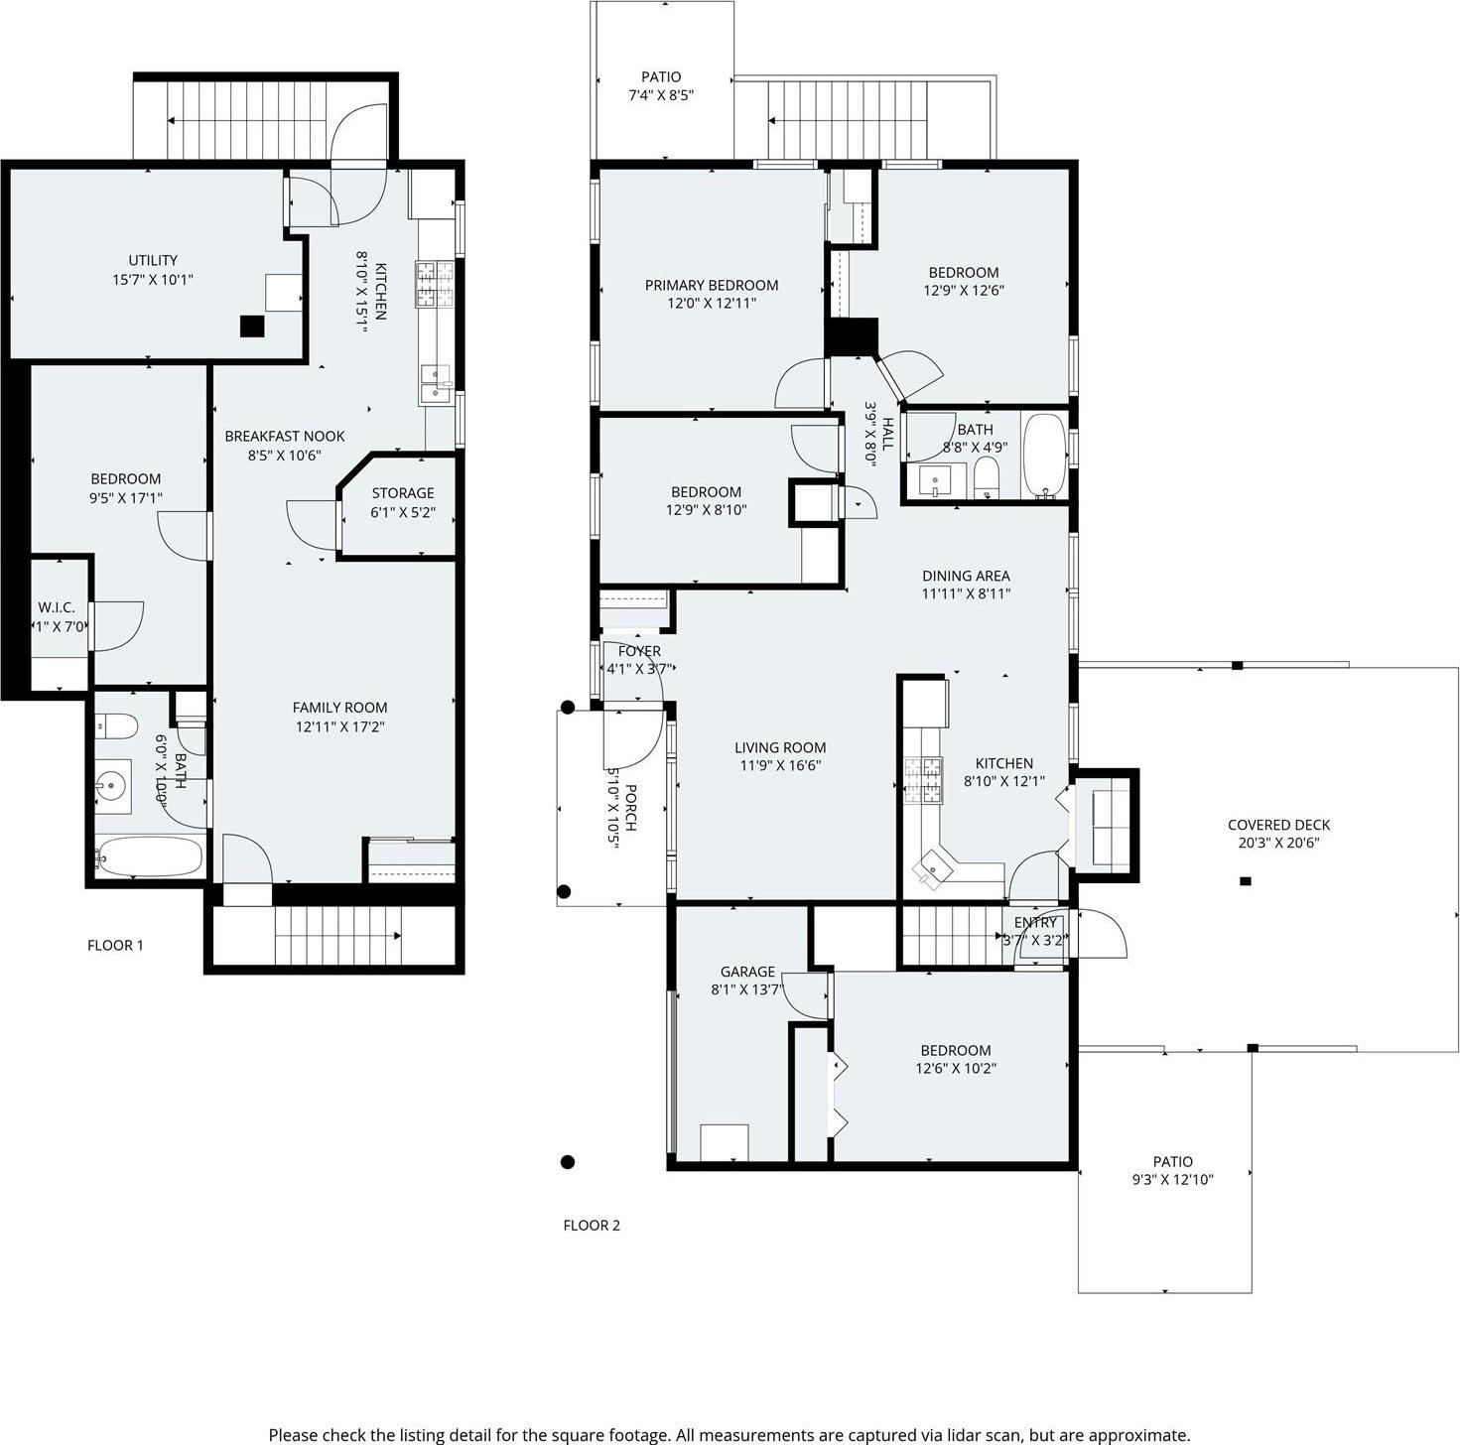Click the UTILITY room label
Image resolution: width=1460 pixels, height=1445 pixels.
(153, 261)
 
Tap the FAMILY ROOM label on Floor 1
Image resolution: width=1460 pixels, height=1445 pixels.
(339, 708)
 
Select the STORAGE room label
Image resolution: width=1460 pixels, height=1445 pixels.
(403, 493)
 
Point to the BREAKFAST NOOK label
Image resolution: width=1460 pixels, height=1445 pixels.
(285, 437)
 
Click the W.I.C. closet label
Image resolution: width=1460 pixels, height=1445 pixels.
(57, 607)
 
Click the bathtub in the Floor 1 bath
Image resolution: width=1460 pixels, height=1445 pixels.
(150, 857)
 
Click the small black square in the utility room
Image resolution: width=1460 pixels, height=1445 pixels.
(253, 327)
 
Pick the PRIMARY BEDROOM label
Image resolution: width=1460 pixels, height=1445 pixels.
(712, 286)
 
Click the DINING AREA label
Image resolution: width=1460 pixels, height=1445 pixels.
(966, 576)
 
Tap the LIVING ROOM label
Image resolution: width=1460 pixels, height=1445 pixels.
(780, 748)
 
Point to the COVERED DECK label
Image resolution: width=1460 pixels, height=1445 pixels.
(1278, 825)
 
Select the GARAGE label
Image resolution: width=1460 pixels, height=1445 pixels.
(747, 973)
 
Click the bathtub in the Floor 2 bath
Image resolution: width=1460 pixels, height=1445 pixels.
(1043, 455)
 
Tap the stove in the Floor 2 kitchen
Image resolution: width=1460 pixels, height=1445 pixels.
(920, 779)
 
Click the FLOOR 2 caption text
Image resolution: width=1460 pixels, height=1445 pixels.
(592, 1226)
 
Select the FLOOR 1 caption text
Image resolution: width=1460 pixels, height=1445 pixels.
(115, 946)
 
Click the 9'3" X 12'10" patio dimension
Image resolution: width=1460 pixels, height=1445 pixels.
(1172, 1180)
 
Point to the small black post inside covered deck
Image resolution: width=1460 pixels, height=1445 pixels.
(1246, 881)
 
